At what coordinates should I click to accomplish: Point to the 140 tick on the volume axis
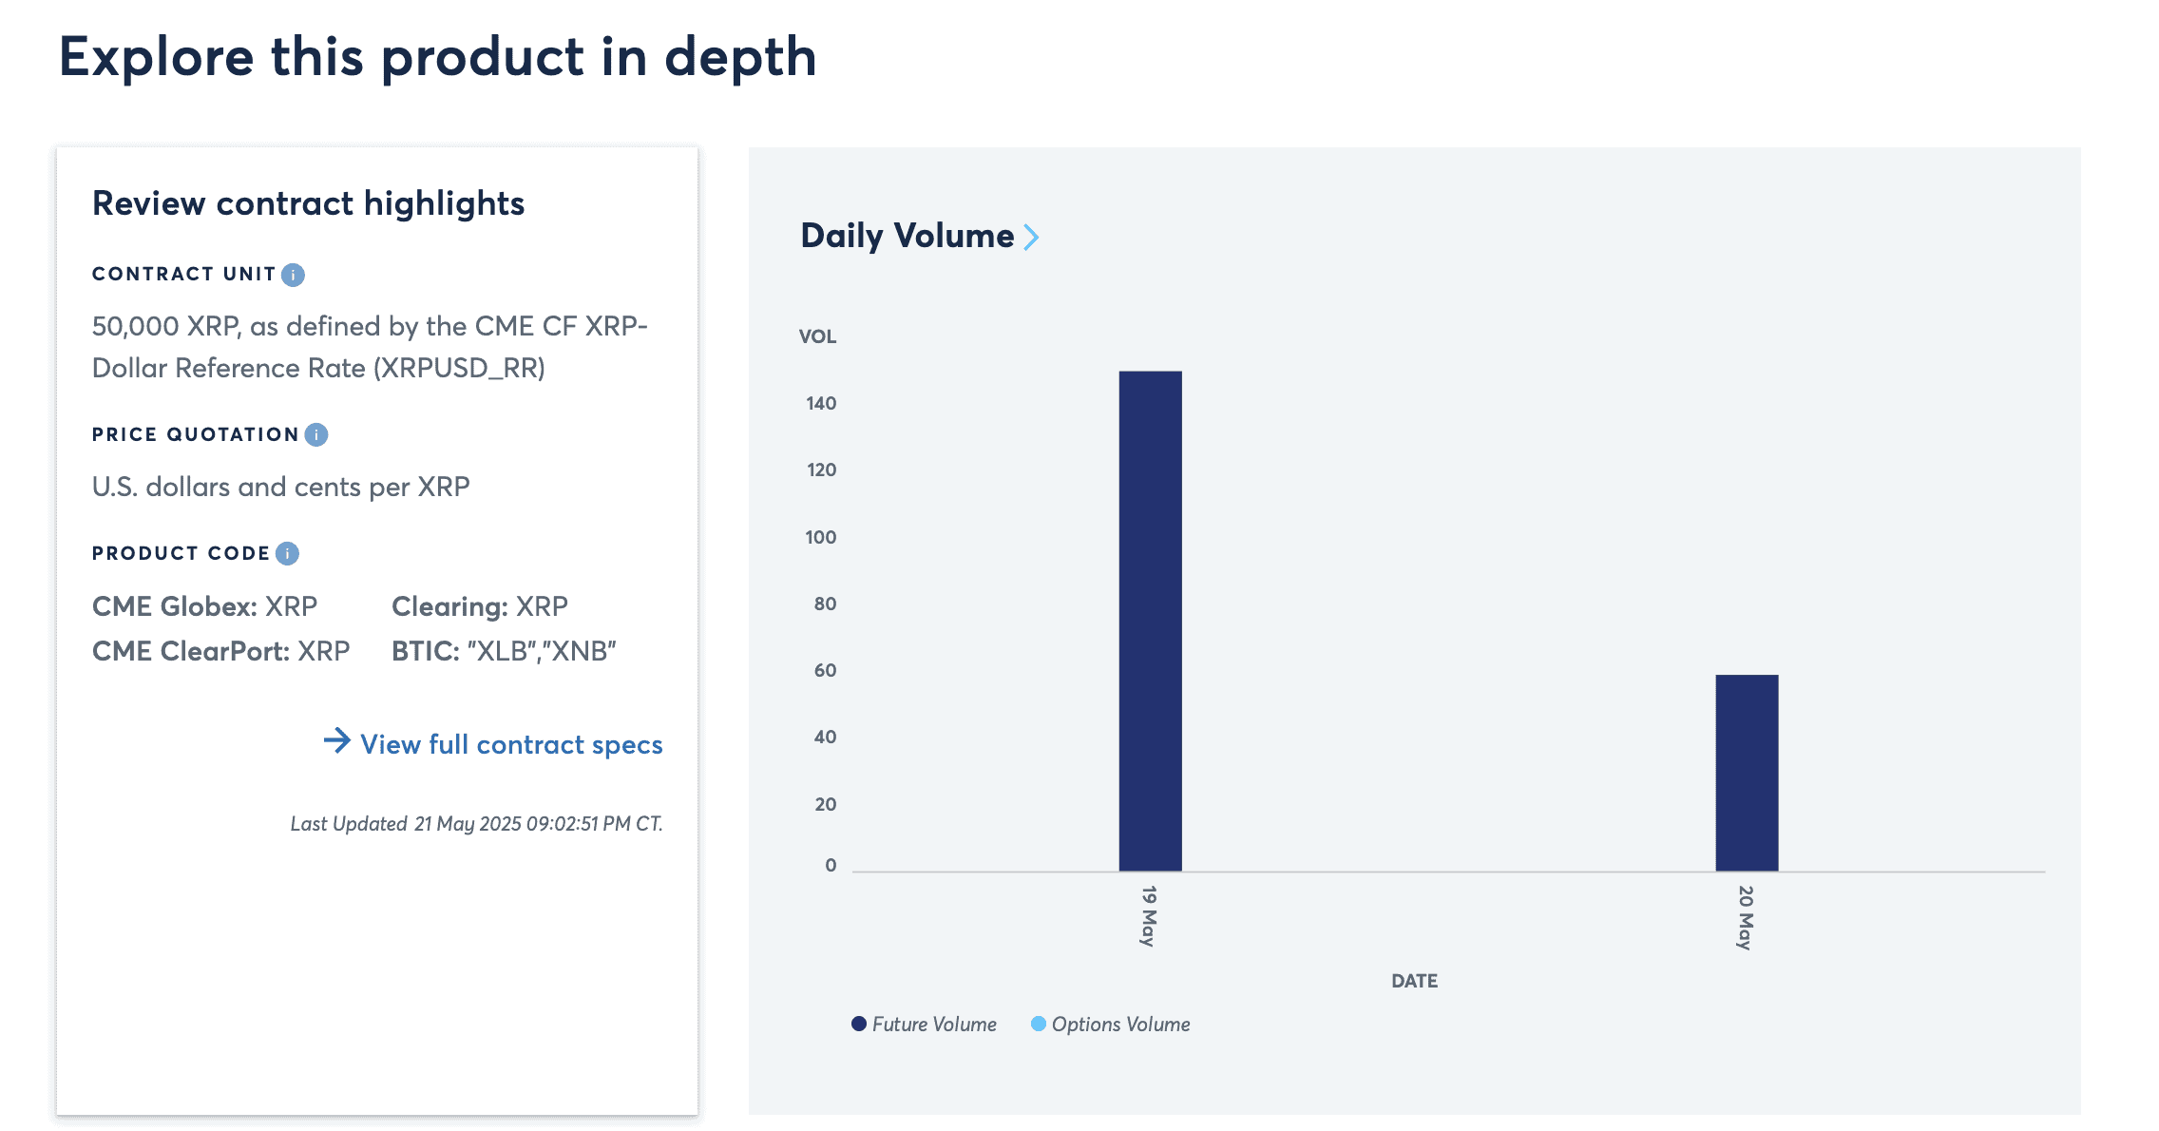pos(821,403)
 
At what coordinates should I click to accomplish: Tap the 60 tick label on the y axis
pos(825,670)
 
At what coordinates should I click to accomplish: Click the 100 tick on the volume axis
pos(821,537)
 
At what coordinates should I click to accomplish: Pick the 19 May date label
pos(1149,915)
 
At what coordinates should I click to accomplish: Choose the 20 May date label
pos(1746,917)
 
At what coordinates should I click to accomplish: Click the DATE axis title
pos(1414,981)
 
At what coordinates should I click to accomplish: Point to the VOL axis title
pos(817,336)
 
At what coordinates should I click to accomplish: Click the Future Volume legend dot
pos(859,1024)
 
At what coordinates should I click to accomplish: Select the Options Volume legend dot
pos(1039,1024)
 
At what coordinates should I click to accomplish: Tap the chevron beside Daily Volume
pos(1031,237)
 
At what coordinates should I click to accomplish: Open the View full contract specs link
pos(511,744)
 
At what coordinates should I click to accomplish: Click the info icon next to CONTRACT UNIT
pos(294,275)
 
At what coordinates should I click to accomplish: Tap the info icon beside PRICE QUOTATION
pos(316,434)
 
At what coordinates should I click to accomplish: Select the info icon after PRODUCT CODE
pos(287,553)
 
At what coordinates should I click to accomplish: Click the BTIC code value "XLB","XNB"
pos(542,651)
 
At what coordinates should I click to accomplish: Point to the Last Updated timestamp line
pos(476,823)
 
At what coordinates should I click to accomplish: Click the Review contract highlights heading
pos(308,203)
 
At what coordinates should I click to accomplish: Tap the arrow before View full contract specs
pos(337,740)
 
